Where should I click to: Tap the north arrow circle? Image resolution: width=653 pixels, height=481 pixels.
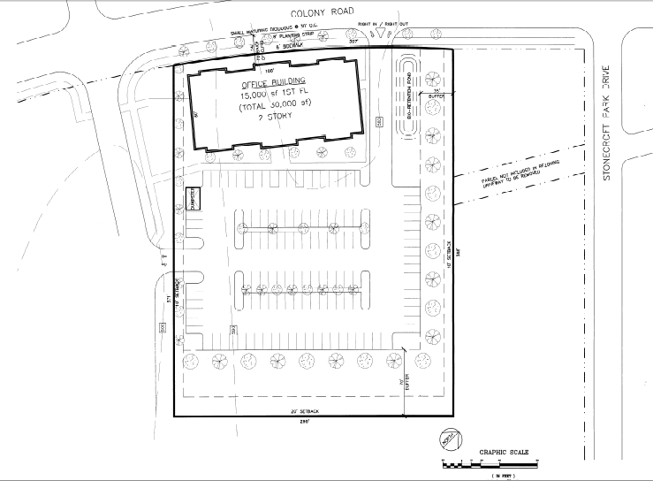pos(449,437)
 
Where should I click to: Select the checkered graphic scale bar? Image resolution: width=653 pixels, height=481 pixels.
pos(490,463)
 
